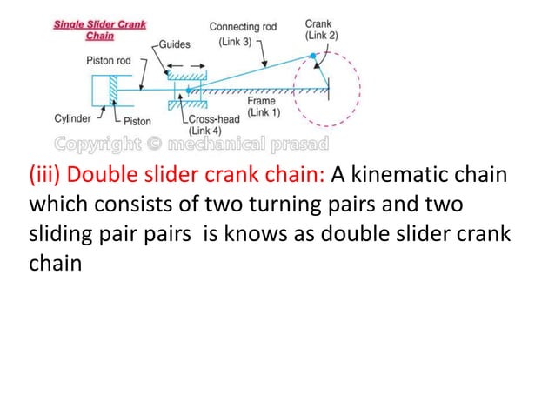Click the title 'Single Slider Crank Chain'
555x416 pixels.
coord(100,30)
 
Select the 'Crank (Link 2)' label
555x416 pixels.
coord(321,29)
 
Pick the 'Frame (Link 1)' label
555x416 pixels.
coord(262,107)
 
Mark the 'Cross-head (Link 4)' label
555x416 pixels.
coord(211,124)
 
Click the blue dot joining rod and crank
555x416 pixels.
coord(313,55)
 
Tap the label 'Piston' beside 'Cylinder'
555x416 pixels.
coord(138,119)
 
